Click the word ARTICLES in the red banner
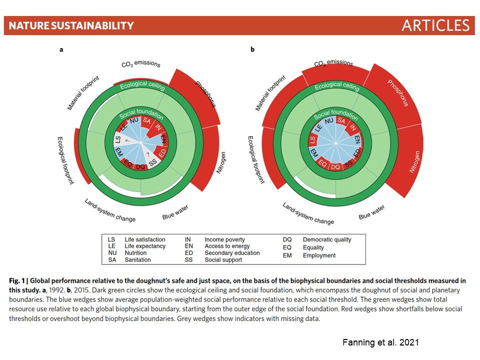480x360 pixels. [x=435, y=25]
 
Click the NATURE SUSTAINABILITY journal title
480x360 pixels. [x=71, y=25]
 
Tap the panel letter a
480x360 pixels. [x=61, y=49]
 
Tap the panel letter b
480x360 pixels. [x=252, y=49]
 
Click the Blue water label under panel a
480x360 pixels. [x=175, y=212]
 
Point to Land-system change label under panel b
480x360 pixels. [x=308, y=213]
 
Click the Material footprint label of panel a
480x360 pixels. [x=83, y=93]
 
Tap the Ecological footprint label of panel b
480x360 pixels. [x=256, y=160]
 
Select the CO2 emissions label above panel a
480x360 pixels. [x=141, y=63]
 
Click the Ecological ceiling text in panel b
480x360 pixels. [x=337, y=86]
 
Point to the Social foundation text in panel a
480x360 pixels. [x=141, y=114]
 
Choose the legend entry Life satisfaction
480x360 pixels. [x=145, y=239]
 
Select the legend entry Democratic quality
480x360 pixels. [x=327, y=239]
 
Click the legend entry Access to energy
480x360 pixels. [x=227, y=246]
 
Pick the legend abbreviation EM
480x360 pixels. [x=287, y=255]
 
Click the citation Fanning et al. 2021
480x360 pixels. [x=380, y=342]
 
